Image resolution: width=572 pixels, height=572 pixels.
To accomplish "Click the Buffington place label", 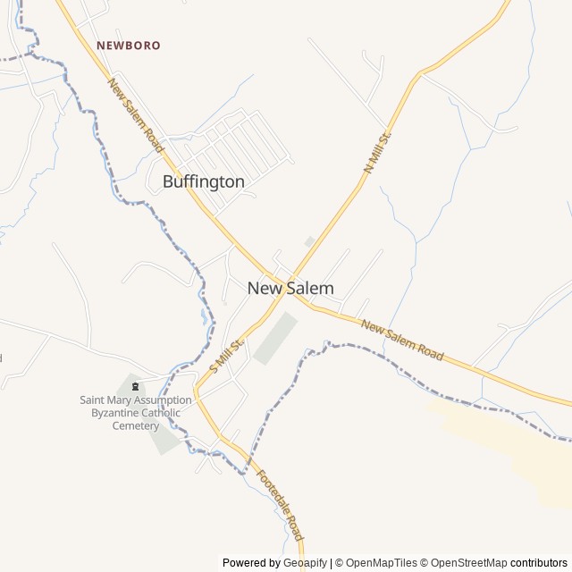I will [x=203, y=181].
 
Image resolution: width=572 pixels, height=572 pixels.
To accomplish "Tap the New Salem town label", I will [x=290, y=288].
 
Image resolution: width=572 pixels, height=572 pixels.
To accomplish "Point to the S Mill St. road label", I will [x=227, y=355].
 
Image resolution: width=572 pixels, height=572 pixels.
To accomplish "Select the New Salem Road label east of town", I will [x=402, y=341].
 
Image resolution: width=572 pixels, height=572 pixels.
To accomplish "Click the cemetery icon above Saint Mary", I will [x=136, y=386].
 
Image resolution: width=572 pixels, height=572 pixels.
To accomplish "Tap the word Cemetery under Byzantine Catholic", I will [x=135, y=425].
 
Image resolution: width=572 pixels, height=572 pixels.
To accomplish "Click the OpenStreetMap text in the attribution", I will [x=467, y=563].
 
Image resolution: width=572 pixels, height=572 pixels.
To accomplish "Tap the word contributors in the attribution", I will [x=539, y=563].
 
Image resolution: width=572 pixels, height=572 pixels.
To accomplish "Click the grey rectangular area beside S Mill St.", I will [x=274, y=338].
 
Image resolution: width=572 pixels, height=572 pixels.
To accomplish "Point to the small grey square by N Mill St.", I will [x=309, y=241].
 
